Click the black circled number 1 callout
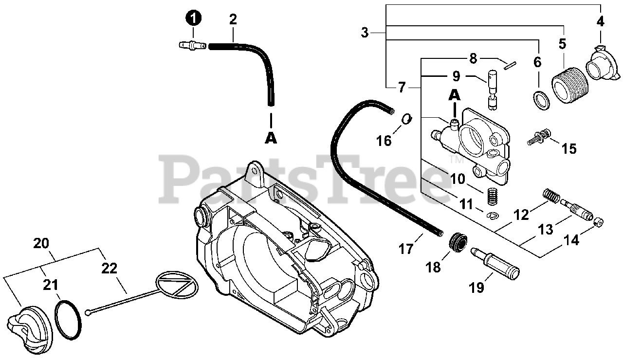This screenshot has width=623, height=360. [x=194, y=18]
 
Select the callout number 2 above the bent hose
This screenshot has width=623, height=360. [x=233, y=19]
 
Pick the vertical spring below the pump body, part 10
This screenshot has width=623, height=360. [x=494, y=198]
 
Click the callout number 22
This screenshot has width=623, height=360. [x=110, y=268]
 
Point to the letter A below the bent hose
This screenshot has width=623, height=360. [x=271, y=138]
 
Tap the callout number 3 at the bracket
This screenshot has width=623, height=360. [x=365, y=33]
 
